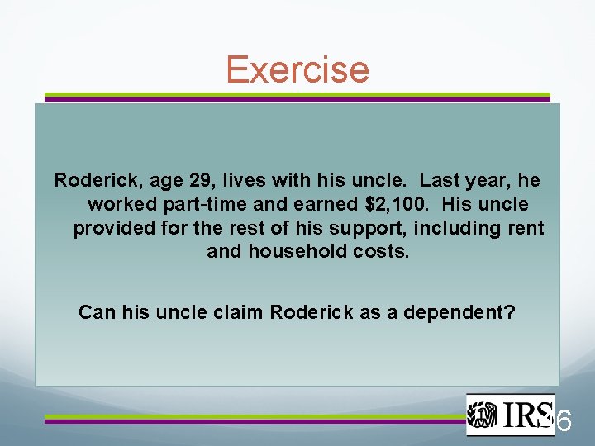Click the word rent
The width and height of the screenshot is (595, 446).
(524, 227)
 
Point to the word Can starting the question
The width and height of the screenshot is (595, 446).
(95, 313)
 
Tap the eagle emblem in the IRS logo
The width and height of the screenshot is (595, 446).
(483, 415)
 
